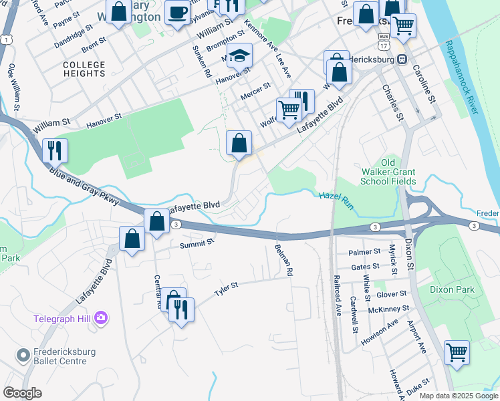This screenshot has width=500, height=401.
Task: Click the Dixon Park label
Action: pyautogui.click(x=453, y=289)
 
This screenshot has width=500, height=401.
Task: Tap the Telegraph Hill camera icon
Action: pyautogui.click(x=101, y=318)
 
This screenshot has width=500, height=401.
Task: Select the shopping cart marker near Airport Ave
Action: pyautogui.click(x=457, y=352)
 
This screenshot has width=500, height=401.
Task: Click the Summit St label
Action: pyautogui.click(x=196, y=245)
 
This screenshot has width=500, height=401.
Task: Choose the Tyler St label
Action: pyautogui.click(x=226, y=289)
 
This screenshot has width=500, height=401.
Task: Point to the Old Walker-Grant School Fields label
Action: pyautogui.click(x=388, y=172)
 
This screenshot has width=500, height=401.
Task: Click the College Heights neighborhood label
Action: pyautogui.click(x=84, y=69)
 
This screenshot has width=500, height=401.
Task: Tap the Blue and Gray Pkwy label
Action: pyautogui.click(x=84, y=184)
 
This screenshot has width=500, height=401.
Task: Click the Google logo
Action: pyautogui.click(x=22, y=392)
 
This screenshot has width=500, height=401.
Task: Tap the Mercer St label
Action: pyautogui.click(x=255, y=90)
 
